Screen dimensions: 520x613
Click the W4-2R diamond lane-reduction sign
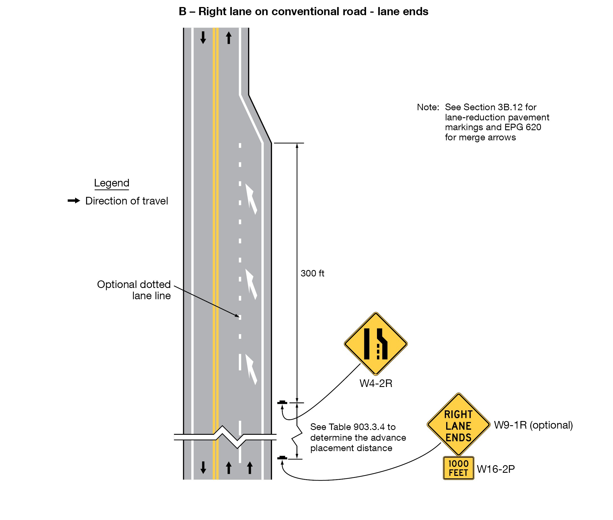pyautogui.click(x=375, y=344)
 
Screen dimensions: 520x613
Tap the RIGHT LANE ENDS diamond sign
pyautogui.click(x=458, y=424)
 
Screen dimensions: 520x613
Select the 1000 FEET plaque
pyautogui.click(x=458, y=468)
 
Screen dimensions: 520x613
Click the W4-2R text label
pyautogui.click(x=376, y=384)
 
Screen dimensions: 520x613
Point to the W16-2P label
pyautogui.click(x=496, y=469)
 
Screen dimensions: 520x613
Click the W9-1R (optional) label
pyautogui.click(x=533, y=425)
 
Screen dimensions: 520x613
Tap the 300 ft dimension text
pyautogui.click(x=312, y=273)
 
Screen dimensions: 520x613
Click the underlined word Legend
pyautogui.click(x=111, y=183)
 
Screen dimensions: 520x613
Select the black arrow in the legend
pyautogui.click(x=74, y=201)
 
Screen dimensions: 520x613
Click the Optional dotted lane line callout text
pyautogui.click(x=134, y=290)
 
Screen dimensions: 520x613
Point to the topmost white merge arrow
pyautogui.click(x=251, y=199)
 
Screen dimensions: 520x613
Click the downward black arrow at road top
pyautogui.click(x=203, y=38)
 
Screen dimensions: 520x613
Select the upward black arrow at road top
pyautogui.click(x=228, y=38)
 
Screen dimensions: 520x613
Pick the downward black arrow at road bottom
pyautogui.click(x=203, y=467)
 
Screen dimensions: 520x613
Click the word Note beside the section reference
pyautogui.click(x=428, y=107)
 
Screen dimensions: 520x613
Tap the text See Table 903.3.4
pyautogui.click(x=353, y=427)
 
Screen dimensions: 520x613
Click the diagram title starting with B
pyautogui.click(x=303, y=12)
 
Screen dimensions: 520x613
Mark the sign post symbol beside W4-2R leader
pyautogui.click(x=282, y=402)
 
